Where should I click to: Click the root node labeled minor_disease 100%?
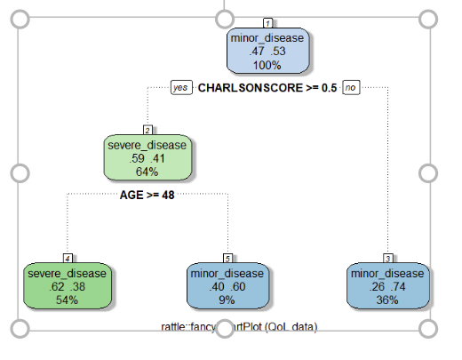pos(267,52)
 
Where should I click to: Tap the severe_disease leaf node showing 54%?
pos(67,285)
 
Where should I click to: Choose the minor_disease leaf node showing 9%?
pos(227,285)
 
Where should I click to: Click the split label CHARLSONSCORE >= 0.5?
pos(267,88)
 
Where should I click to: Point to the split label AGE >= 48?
pos(147,195)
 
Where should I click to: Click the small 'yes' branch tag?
pos(181,88)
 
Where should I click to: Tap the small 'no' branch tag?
pos(351,88)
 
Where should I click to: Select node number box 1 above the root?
pos(267,22)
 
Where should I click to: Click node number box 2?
pos(147,130)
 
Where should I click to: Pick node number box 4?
pos(67,257)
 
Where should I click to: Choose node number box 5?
pos(227,257)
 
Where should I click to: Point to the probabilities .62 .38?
pos(67,286)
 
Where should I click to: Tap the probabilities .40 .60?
pos(227,286)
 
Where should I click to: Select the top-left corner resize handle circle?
pos(17,18)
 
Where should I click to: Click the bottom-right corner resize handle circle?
pos(427,328)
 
